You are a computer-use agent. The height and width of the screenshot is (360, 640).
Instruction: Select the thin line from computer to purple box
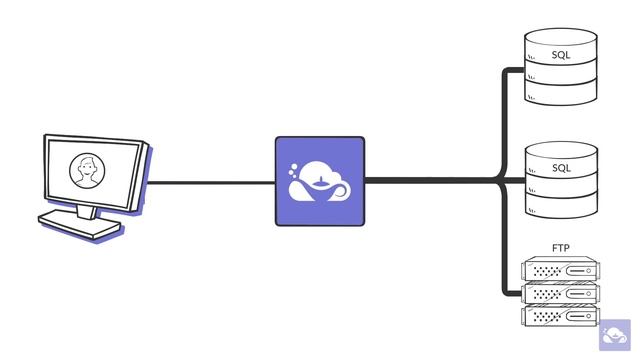(x=210, y=182)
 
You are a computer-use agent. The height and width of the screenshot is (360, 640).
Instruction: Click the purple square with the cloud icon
(x=320, y=181)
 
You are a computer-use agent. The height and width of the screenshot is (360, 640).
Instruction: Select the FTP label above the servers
(x=561, y=247)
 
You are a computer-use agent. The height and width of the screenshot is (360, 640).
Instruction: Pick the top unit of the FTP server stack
(x=561, y=270)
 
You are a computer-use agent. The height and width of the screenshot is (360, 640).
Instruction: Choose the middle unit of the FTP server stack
(x=561, y=293)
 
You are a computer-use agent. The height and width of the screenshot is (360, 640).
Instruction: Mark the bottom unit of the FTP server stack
(x=561, y=316)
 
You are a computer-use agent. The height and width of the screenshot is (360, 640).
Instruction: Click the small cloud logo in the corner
(x=615, y=335)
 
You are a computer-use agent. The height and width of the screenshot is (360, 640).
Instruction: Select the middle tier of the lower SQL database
(x=561, y=190)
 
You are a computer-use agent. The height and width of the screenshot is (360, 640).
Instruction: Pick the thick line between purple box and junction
(x=430, y=181)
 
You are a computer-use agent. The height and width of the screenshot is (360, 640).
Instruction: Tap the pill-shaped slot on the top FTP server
(x=581, y=270)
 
